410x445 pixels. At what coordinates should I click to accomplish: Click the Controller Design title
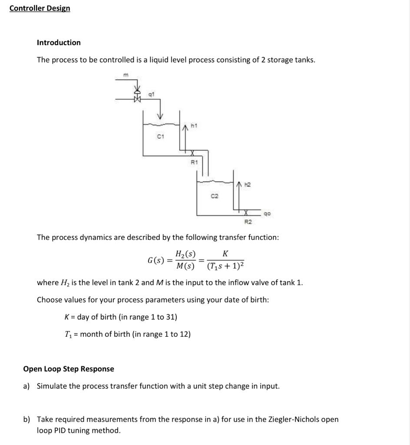40,8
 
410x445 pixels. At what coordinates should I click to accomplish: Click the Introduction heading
59,43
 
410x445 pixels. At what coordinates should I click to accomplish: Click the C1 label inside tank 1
160,137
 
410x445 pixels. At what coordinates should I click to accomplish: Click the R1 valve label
194,163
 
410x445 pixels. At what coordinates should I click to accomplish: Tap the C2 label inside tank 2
214,196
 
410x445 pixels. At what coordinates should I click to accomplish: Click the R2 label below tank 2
248,222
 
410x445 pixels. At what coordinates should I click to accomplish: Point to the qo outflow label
267,214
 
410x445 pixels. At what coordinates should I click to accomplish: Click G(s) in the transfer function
156,260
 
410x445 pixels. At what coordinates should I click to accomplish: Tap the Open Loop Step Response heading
69,369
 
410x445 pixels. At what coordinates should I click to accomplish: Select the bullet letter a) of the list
27,386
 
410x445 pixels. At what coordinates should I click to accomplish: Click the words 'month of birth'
107,334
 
